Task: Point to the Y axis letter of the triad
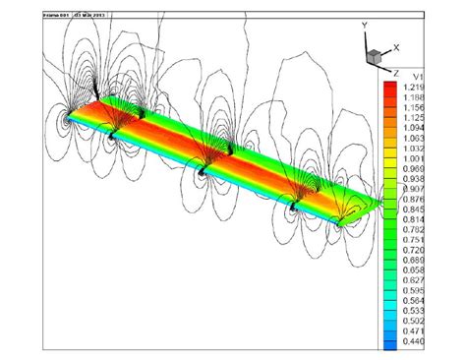point(365,23)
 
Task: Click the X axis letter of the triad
point(395,46)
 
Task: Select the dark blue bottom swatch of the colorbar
point(390,344)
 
